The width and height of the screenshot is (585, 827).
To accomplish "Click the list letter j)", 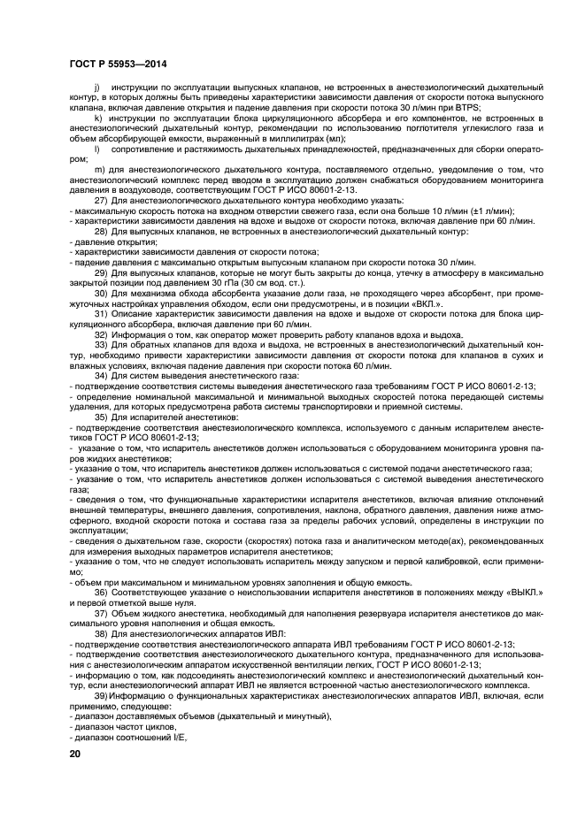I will click(95, 89).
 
